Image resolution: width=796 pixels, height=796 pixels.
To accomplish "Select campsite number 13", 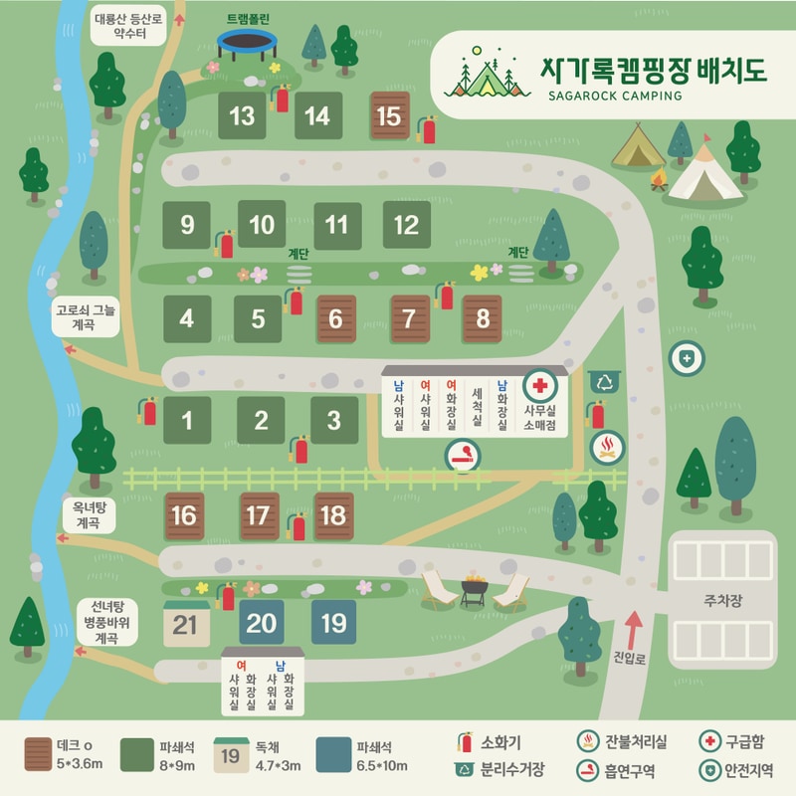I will (242, 116).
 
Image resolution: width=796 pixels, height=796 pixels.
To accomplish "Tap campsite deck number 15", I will (389, 116).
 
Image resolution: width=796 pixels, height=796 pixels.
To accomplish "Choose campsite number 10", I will (262, 224).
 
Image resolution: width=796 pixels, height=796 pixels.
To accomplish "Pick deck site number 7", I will (409, 319).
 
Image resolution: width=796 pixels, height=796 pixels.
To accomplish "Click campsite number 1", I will (187, 420).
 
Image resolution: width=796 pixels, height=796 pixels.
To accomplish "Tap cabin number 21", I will (186, 623).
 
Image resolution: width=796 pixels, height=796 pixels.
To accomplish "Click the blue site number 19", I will (334, 623).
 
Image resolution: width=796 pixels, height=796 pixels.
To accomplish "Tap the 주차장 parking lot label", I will (722, 601).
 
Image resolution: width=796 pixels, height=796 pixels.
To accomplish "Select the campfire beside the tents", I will (657, 180).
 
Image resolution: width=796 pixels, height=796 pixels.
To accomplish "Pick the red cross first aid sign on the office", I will (541, 385).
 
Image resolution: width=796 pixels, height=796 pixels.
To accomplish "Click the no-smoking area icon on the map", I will (463, 456).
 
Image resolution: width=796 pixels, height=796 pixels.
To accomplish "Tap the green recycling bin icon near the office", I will (604, 381).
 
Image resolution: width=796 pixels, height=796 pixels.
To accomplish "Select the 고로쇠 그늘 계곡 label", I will (86, 317).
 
